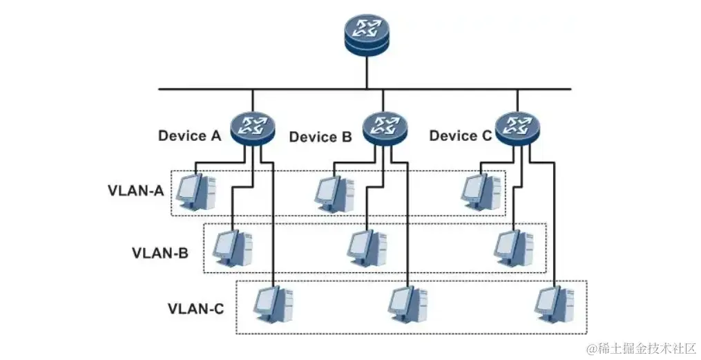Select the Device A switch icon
point(252,129)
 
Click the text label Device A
point(190,135)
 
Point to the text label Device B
point(320,137)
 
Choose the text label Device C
point(461,135)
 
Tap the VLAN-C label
point(195,309)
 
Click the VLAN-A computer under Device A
point(196,191)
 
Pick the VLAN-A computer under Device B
point(335,193)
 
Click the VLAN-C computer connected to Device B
point(408,305)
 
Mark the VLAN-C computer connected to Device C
point(555,305)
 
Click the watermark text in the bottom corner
point(640,348)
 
